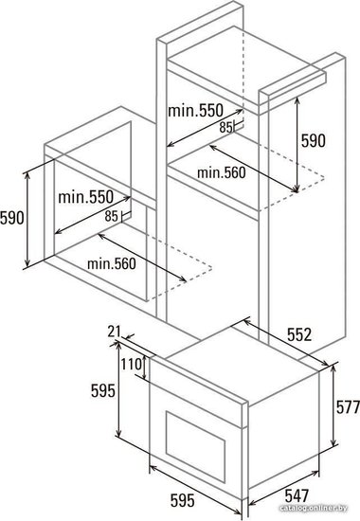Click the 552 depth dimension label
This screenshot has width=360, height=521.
point(299,334)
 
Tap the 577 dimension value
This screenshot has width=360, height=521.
point(348,407)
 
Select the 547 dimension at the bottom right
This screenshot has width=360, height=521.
point(297,495)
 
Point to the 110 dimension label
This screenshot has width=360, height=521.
point(131,364)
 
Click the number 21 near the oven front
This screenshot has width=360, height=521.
point(114,332)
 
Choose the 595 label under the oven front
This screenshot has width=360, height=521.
point(183,501)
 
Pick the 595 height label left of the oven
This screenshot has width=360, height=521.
point(103,390)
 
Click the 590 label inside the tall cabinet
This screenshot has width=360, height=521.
point(314,140)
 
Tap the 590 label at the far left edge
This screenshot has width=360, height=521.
point(12,218)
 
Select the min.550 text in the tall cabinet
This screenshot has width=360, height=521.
point(195,111)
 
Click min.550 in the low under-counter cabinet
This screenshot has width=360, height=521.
point(86,197)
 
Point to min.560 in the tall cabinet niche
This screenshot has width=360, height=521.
point(222,172)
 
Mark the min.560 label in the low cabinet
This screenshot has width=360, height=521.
point(112,264)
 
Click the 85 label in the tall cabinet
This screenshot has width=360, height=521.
point(225,127)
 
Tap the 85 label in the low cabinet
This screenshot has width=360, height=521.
point(111,216)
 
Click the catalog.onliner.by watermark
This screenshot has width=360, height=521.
point(314,508)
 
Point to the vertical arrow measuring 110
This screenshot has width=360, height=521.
point(144,368)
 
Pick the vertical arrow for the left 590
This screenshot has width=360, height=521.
point(27,220)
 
